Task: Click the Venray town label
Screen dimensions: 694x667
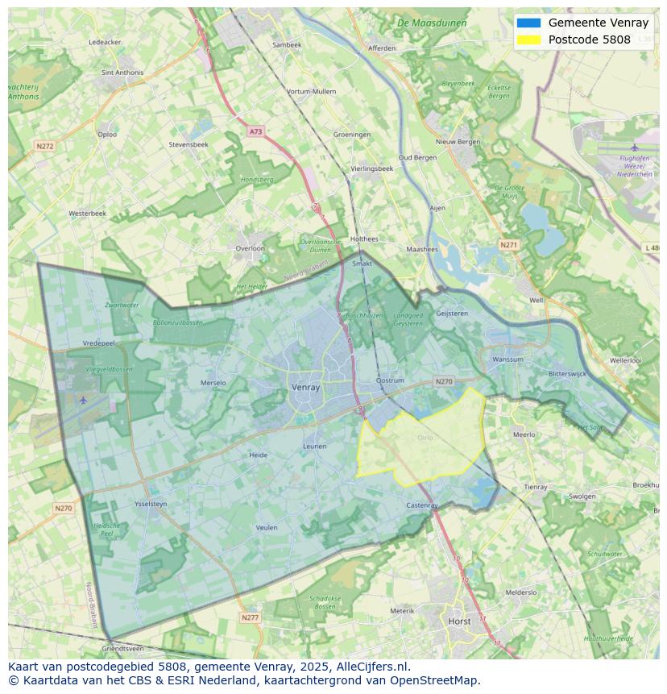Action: (305, 388)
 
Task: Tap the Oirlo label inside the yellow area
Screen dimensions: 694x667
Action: (425, 438)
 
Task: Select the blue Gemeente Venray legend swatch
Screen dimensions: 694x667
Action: (529, 23)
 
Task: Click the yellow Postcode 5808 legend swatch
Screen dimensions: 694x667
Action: (529, 39)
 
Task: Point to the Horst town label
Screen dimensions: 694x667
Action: (460, 621)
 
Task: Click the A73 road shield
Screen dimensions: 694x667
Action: (255, 131)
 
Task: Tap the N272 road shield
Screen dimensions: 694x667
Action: (44, 146)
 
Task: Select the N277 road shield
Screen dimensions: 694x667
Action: (250, 617)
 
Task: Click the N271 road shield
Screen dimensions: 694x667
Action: (508, 244)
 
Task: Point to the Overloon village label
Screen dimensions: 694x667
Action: (250, 248)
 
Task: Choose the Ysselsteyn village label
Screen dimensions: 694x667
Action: (151, 504)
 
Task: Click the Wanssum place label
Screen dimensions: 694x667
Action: (507, 359)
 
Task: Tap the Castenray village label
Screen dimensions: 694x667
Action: (421, 505)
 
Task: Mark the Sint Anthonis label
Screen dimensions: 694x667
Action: (122, 73)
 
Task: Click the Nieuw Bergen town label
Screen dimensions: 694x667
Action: (458, 142)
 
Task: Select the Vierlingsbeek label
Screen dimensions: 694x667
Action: (372, 168)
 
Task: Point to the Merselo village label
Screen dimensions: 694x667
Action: (213, 383)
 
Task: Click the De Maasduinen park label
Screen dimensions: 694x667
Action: (432, 23)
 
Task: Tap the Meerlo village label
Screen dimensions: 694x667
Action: (524, 434)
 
